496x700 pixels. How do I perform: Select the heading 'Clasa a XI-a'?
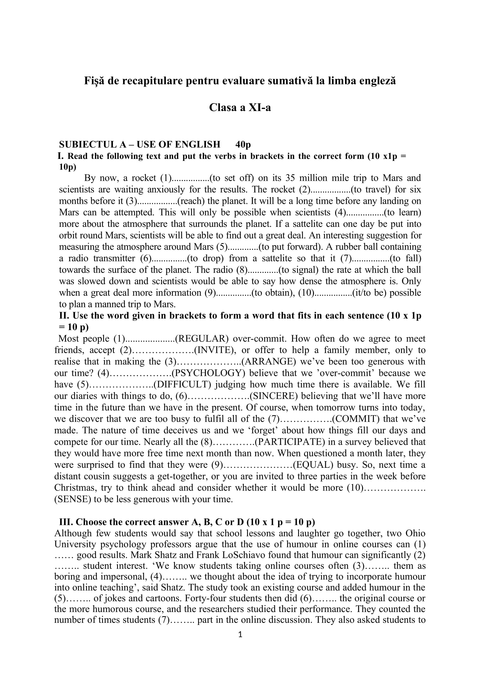[x=240, y=108]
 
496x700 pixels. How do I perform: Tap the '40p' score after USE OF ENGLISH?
[x=243, y=144]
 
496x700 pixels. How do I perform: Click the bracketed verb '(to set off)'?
[x=232, y=178]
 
